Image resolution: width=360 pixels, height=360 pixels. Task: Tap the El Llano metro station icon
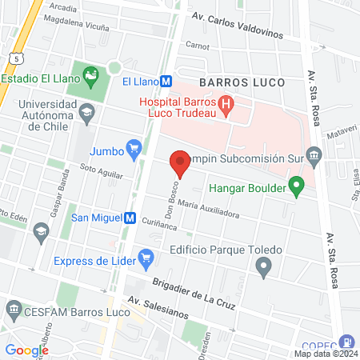click(166, 81)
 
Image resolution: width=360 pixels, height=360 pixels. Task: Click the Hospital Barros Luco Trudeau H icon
click(226, 103)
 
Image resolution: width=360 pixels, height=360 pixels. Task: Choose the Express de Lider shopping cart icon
click(145, 258)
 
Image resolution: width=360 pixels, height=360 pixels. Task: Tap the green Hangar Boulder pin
click(298, 189)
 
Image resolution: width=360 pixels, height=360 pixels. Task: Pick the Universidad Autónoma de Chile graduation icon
click(86, 113)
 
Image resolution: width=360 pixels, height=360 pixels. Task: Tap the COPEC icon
click(346, 341)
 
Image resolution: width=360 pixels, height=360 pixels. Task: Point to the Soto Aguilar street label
click(101, 172)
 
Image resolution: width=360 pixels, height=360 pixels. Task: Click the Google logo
click(27, 350)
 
